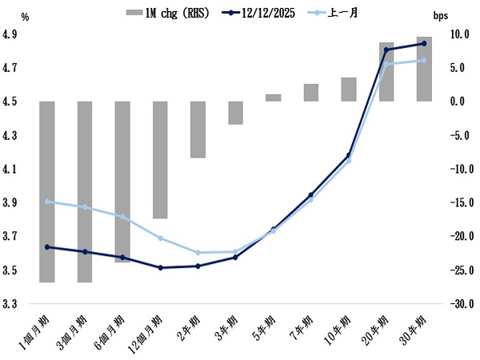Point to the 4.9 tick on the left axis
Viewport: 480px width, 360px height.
coord(10,34)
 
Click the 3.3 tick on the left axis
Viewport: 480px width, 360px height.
coord(10,304)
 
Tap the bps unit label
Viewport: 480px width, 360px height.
coord(441,15)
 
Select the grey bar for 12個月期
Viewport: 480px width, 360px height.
coord(160,160)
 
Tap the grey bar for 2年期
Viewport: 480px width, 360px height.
coord(198,130)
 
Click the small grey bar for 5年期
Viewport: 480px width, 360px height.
coord(273,98)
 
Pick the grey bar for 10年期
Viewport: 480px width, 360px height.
coord(349,90)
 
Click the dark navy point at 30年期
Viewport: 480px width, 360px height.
coord(424,43)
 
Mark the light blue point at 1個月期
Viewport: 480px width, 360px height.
coord(47,202)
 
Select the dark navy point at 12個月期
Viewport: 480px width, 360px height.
coord(160,267)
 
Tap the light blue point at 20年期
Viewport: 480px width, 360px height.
coord(386,65)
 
